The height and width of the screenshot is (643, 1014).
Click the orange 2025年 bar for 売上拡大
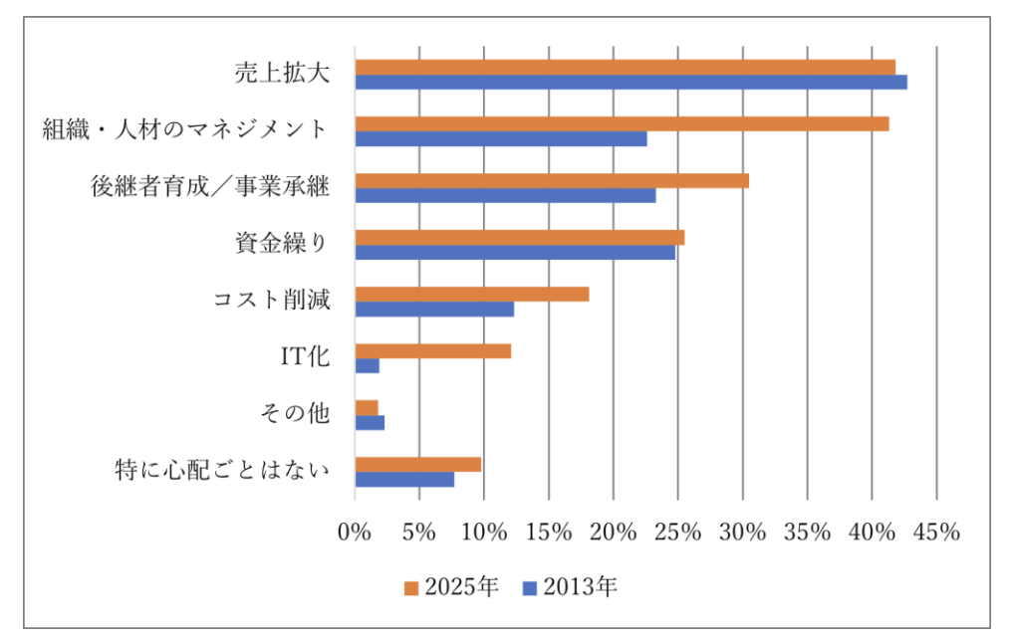point(625,67)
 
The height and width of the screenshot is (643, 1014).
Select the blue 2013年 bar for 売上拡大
point(631,82)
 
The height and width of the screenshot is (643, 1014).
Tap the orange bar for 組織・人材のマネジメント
point(622,123)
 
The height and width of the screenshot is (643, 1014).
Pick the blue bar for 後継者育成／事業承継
point(505,195)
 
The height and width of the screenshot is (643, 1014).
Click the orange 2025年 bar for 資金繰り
point(519,237)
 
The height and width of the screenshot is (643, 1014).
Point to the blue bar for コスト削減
point(434,310)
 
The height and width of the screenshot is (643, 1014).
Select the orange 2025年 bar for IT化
point(432,350)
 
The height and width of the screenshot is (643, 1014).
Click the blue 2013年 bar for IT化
point(367,366)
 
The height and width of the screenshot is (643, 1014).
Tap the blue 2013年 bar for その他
point(370,423)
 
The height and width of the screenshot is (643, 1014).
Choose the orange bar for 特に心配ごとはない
point(417,464)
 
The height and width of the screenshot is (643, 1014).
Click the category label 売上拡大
point(282,74)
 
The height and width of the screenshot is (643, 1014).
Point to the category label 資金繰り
point(282,244)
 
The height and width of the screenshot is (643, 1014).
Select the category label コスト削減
point(271,301)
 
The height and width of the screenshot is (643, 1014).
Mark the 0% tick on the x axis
point(355,533)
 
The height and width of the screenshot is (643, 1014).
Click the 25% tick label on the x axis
point(677,533)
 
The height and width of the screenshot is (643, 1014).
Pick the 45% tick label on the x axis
point(935,533)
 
